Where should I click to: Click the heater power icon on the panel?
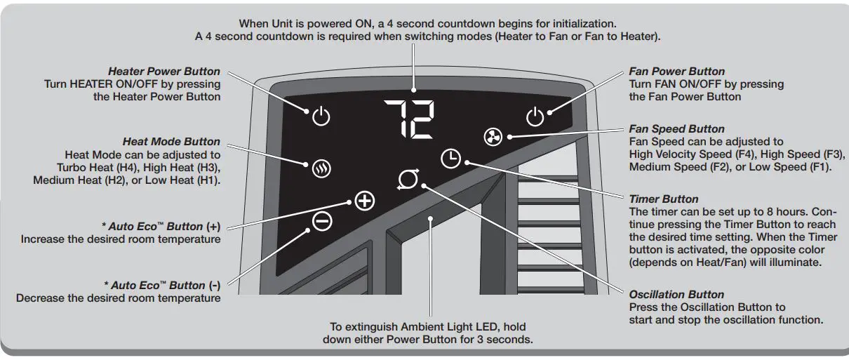[321, 116]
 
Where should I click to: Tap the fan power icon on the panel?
[535, 116]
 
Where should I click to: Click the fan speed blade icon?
[493, 138]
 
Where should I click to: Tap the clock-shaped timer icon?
[450, 159]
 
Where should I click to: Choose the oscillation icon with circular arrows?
[407, 181]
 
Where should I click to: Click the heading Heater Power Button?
[163, 72]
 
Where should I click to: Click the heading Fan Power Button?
[676, 72]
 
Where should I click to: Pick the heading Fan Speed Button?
[676, 129]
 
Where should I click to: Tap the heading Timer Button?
[664, 199]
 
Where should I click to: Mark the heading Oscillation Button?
[676, 295]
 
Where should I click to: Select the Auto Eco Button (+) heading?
[161, 227]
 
